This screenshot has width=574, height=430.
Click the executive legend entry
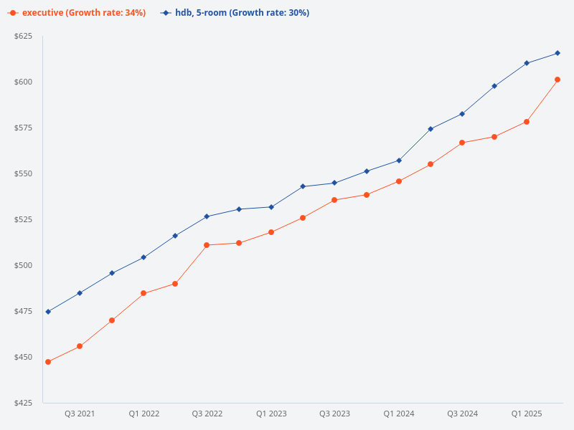79,13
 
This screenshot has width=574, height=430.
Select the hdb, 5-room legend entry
237,13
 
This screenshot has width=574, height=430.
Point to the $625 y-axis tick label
24,36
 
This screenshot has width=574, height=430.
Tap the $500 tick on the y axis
24,265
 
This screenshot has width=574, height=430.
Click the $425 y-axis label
24,403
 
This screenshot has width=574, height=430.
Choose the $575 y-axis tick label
24,128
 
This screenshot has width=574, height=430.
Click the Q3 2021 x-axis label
80,414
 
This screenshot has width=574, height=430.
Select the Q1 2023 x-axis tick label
271,414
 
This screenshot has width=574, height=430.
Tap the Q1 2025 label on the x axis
527,414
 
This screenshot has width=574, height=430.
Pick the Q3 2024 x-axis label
463,414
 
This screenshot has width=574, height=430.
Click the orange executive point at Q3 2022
207,245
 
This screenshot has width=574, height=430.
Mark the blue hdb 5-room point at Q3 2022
207,216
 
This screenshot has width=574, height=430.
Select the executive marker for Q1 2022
143,293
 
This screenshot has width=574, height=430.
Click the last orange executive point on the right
557,80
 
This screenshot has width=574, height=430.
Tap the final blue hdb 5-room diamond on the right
557,53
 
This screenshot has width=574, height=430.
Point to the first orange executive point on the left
48,362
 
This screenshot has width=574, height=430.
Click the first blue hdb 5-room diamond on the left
48,312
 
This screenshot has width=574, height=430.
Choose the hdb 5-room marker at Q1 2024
399,161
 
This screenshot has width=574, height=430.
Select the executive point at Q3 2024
462,143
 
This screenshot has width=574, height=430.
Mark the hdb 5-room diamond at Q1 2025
527,63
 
